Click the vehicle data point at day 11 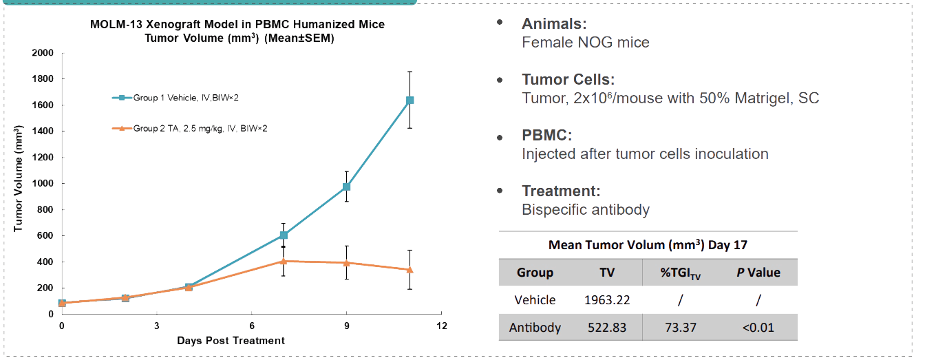pos(410,100)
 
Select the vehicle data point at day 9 pos(347,187)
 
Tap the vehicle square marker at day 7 pos(283,235)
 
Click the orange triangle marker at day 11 pos(410,269)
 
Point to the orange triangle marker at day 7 pos(283,261)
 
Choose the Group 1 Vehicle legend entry pos(176,98)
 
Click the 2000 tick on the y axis pos(44,53)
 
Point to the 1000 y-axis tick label pos(44,184)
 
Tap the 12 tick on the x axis pos(442,326)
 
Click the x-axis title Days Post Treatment pos(231,341)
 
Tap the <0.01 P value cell pos(758,328)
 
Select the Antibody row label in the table pos(535,328)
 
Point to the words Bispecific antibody pos(585,209)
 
